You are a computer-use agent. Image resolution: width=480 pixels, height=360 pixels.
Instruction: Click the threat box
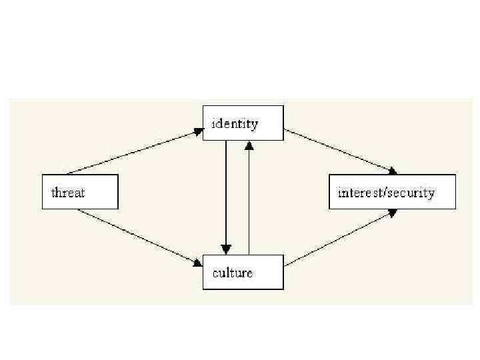pos(80,192)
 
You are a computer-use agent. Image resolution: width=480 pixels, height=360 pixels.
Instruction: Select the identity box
pos(243,123)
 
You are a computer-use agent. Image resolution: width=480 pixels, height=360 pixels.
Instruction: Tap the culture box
pos(243,272)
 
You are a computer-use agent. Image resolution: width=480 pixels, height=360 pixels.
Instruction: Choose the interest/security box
pos(392,192)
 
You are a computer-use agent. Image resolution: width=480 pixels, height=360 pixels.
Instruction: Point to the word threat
pos(68,193)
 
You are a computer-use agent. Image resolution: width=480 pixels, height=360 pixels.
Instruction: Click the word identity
pos(235,123)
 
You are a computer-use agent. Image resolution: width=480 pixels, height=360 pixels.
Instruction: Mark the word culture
pos(232,272)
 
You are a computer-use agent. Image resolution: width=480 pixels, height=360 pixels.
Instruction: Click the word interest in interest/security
pos(361,193)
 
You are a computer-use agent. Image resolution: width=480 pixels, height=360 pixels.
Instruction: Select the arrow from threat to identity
pos(133,152)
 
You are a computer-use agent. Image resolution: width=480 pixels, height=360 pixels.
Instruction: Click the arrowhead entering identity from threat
pos(199,131)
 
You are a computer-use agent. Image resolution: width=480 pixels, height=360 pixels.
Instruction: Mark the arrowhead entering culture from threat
pos(198,263)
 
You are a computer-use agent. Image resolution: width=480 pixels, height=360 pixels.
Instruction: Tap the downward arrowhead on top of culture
pos(227,249)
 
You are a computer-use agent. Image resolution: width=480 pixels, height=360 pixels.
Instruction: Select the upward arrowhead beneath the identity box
pos(249,145)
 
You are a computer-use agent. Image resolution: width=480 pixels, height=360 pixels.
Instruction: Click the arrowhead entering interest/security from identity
pos(393,171)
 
